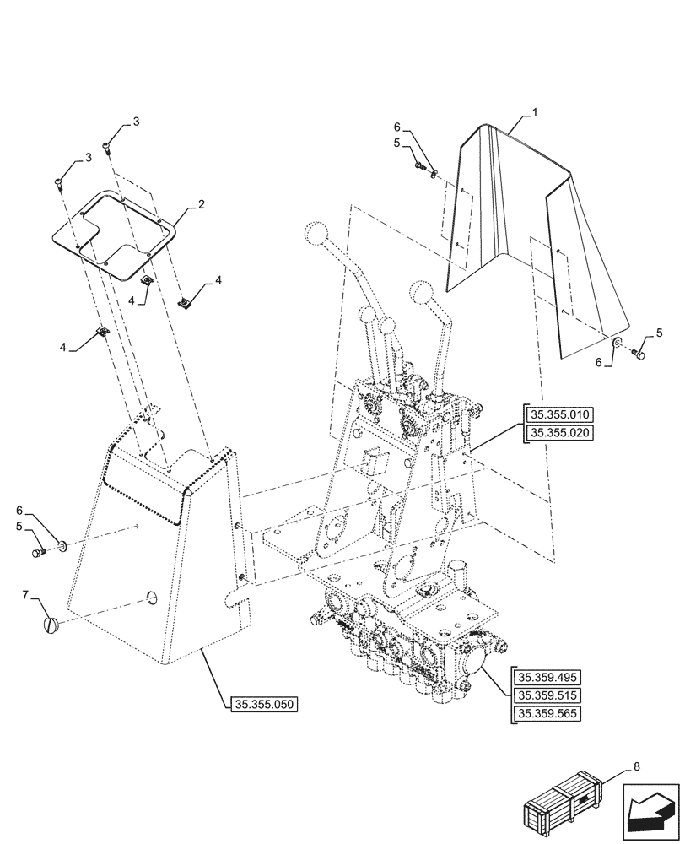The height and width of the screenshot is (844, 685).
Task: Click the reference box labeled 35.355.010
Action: click(560, 414)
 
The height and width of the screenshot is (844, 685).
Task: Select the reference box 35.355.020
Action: click(560, 433)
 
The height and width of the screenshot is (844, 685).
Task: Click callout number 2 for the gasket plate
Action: click(201, 204)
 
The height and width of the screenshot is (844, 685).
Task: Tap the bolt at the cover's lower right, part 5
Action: click(640, 356)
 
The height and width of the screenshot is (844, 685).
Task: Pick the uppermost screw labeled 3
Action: click(107, 149)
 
